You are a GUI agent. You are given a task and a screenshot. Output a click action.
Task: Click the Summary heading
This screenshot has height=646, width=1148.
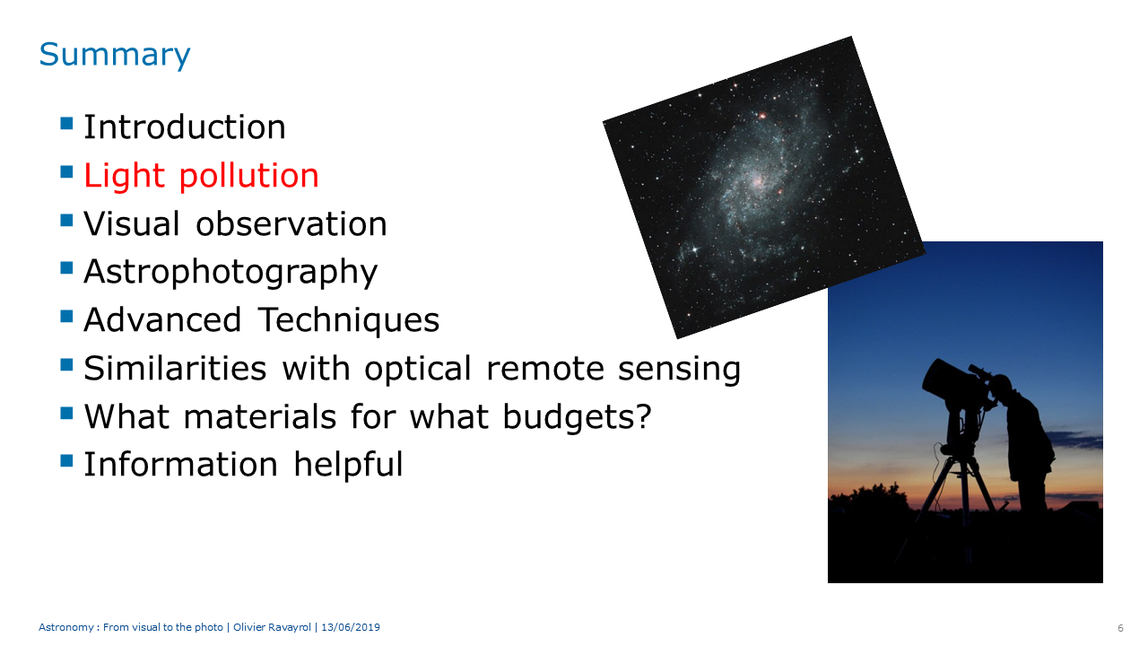pyautogui.click(x=114, y=56)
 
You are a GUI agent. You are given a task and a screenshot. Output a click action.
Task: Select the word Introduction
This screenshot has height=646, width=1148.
pyautogui.click(x=185, y=127)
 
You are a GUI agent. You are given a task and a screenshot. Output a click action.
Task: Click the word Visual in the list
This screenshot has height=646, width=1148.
pyautogui.click(x=132, y=223)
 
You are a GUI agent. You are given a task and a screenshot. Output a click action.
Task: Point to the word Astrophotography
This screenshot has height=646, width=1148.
pyautogui.click(x=230, y=273)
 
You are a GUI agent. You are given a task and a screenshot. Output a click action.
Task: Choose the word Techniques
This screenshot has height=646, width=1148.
pyautogui.click(x=349, y=320)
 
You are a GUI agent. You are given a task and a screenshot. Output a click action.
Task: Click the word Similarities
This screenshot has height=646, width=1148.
pyautogui.click(x=175, y=368)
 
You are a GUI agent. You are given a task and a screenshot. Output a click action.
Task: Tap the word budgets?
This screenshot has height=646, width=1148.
pyautogui.click(x=577, y=417)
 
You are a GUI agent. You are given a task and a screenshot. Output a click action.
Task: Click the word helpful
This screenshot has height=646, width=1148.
pyautogui.click(x=349, y=466)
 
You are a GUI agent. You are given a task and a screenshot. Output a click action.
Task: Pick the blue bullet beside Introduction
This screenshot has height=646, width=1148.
pyautogui.click(x=66, y=124)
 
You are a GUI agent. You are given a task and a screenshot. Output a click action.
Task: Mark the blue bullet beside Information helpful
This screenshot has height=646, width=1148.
pyautogui.click(x=66, y=460)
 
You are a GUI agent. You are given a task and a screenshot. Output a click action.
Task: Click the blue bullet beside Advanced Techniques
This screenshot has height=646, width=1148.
pyautogui.click(x=66, y=316)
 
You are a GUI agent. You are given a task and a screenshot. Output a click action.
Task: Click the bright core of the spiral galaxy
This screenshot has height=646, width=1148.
pyautogui.click(x=756, y=181)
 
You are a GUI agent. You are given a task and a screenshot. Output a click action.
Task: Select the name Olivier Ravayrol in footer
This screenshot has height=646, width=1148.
pyautogui.click(x=272, y=627)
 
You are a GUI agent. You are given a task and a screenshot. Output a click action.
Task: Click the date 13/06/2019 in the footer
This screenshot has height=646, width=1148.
pyautogui.click(x=351, y=627)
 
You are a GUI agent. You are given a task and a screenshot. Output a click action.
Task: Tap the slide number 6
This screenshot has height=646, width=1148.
pyautogui.click(x=1121, y=628)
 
